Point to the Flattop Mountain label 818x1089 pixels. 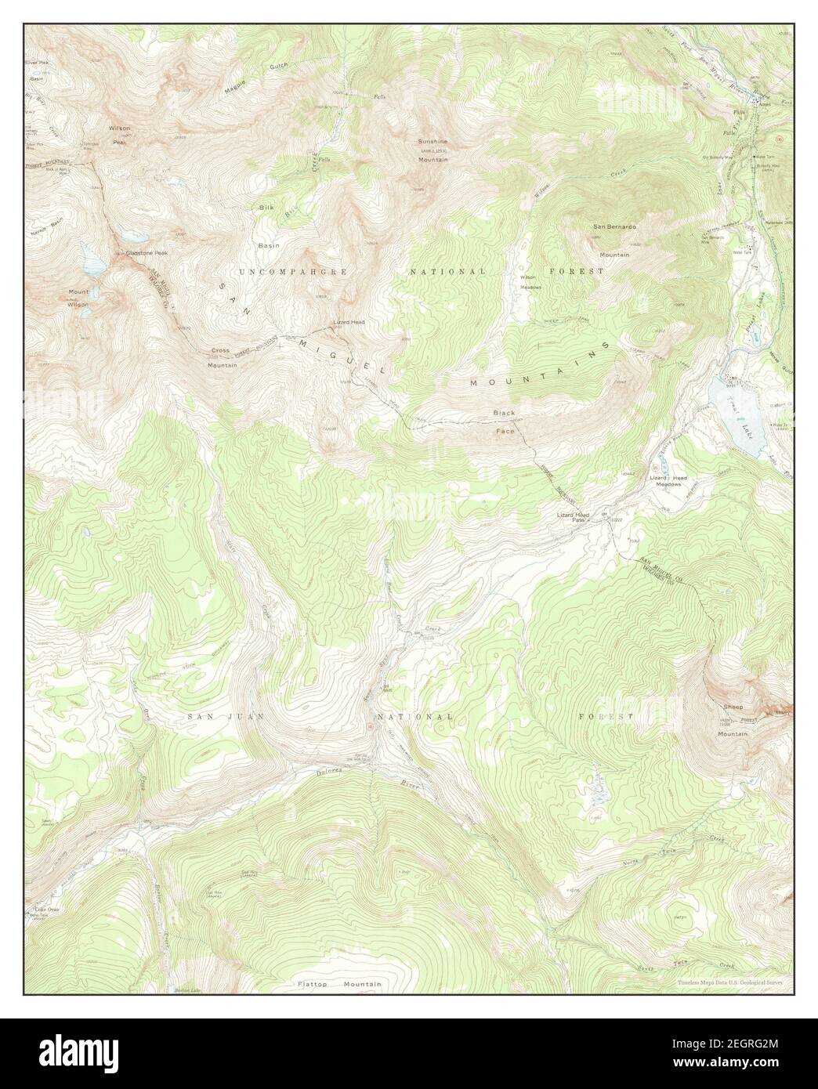click(x=339, y=984)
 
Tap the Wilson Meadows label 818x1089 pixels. click(x=530, y=281)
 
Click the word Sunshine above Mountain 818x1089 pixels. click(x=433, y=142)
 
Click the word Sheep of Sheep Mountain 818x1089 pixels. click(x=732, y=707)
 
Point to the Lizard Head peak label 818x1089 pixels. click(x=348, y=322)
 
